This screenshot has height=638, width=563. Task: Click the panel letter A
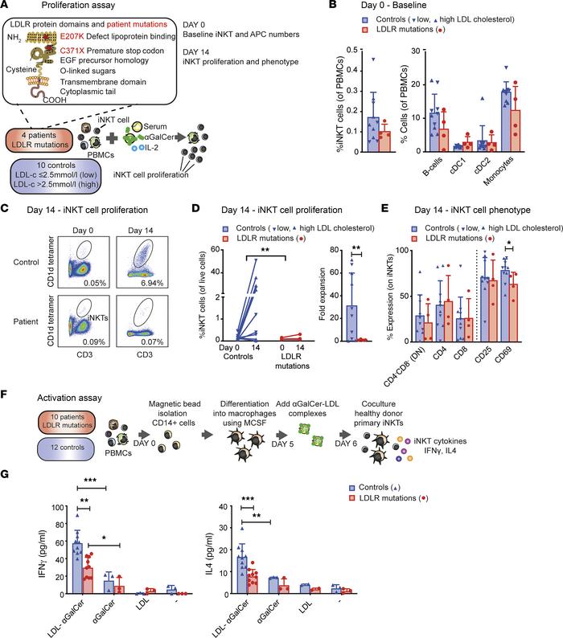6,7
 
